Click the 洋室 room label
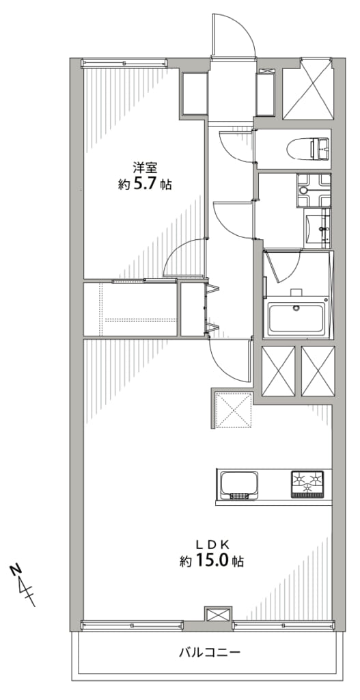145,168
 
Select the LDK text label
212,544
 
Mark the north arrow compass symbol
23,585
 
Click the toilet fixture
308,149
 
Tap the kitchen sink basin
238,485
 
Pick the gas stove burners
307,483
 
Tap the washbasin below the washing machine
318,228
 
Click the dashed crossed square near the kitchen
234,410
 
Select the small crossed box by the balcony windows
218,615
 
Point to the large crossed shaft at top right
308,88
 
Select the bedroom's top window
124,64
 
